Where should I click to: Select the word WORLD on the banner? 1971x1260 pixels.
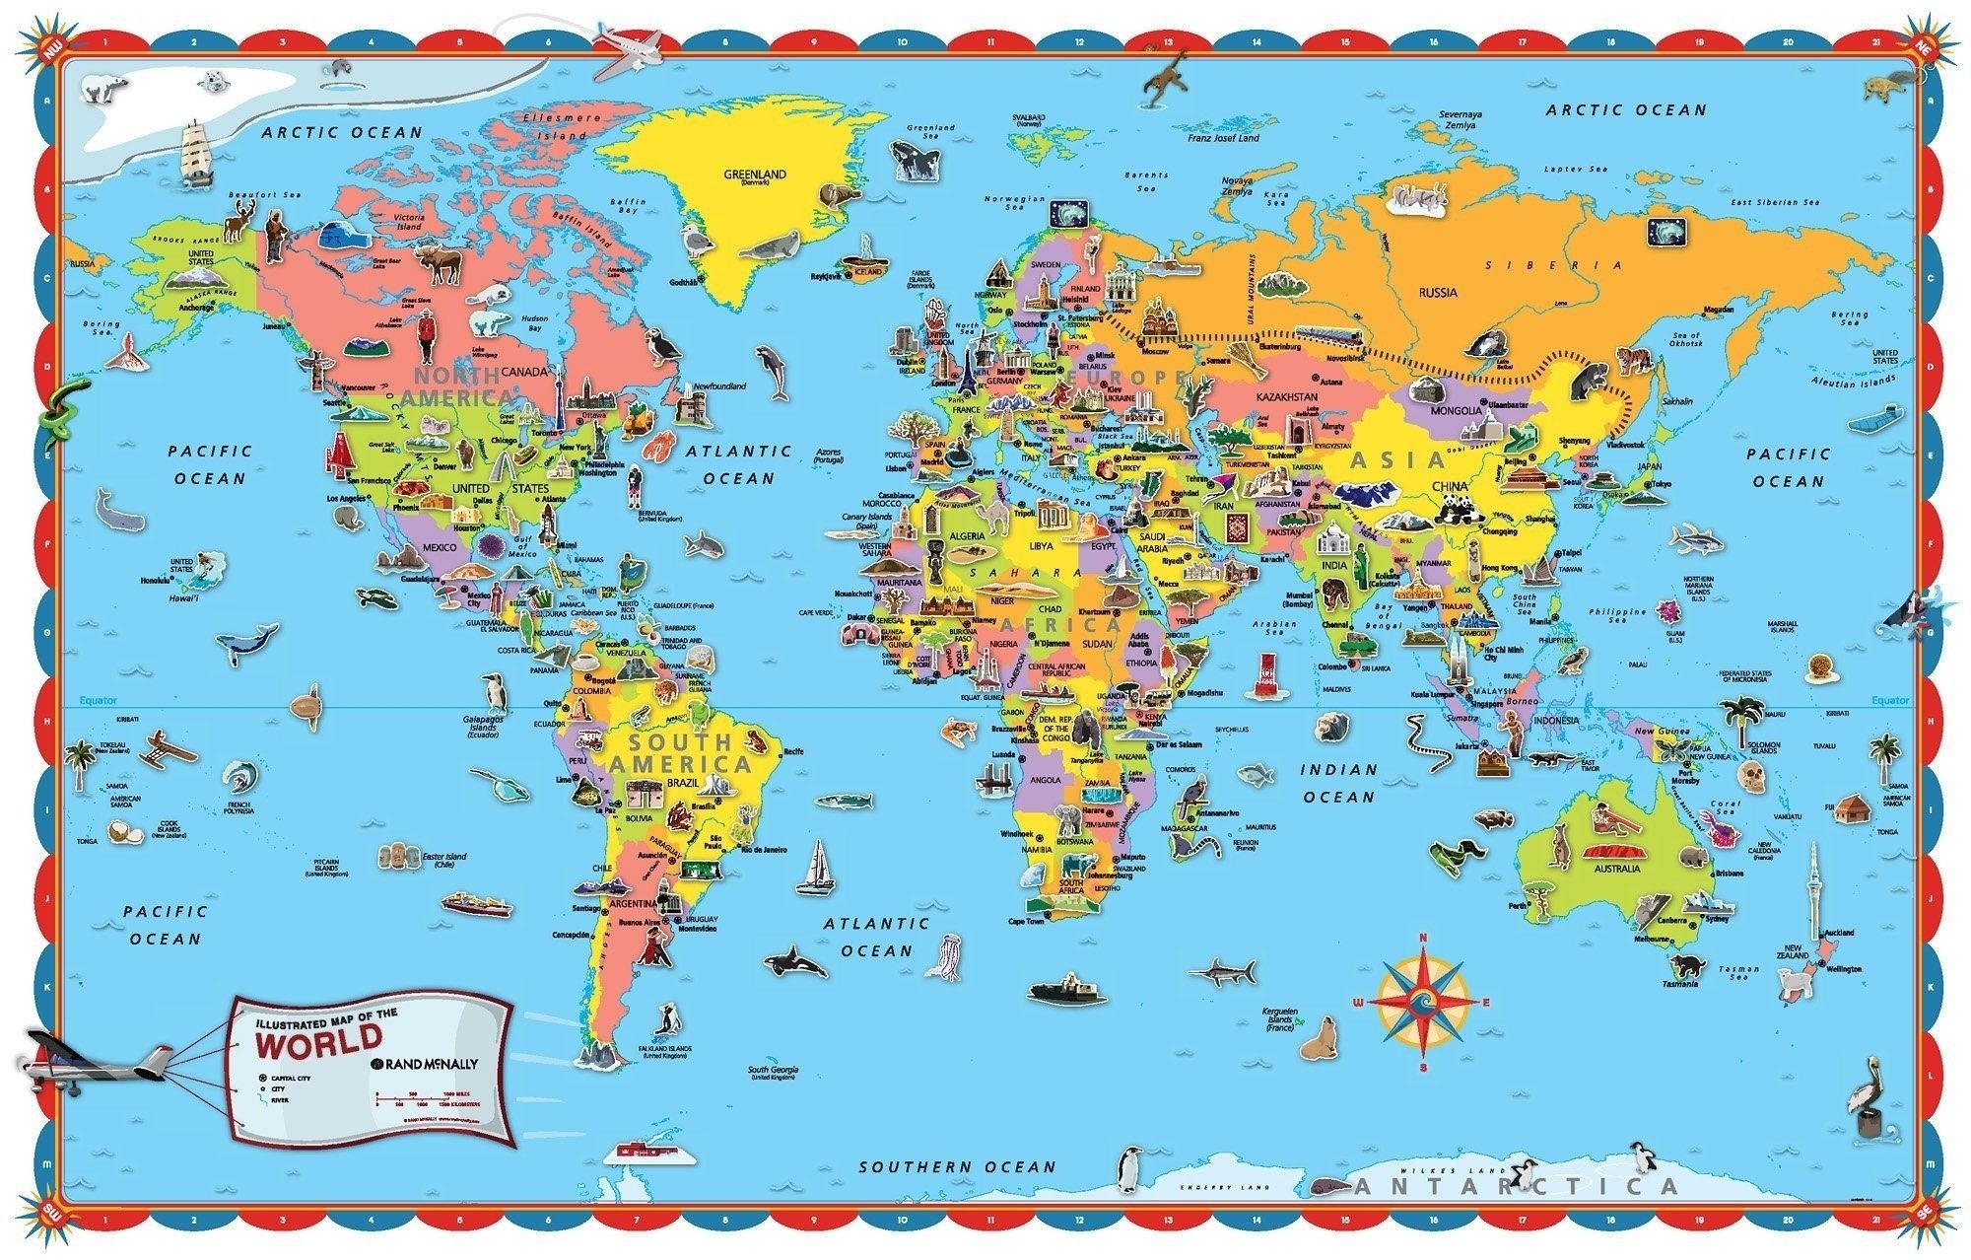317,1036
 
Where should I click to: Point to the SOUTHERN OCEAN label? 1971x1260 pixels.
956,1167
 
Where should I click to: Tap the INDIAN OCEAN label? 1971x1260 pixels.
1338,783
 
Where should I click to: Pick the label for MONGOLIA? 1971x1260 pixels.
1455,410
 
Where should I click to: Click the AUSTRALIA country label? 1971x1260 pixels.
1617,869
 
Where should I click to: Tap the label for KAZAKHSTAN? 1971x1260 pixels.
1286,395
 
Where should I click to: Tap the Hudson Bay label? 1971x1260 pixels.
534,322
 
